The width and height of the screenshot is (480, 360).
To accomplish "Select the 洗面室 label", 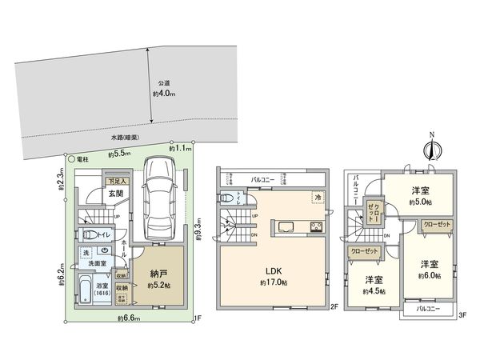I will click(98, 262).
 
